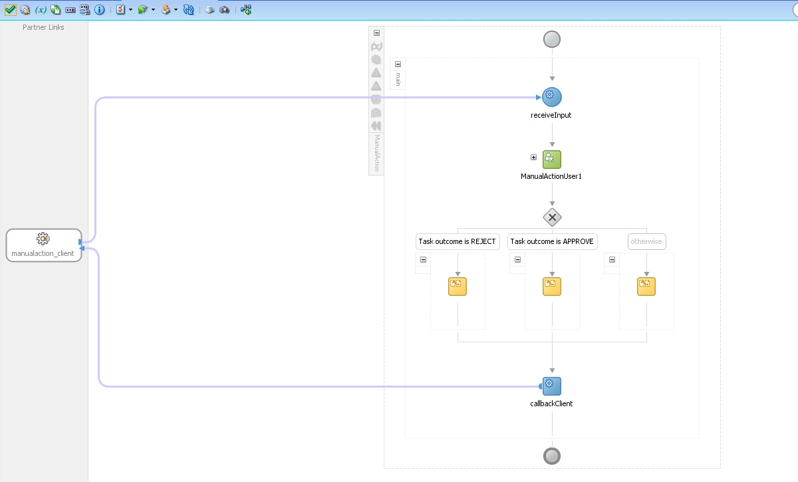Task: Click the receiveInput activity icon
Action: pos(552,97)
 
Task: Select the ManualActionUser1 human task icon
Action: pos(552,160)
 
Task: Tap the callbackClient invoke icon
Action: pos(552,386)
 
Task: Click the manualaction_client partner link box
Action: pos(44,245)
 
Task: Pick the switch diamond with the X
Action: pos(552,217)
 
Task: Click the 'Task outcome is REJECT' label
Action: pos(458,241)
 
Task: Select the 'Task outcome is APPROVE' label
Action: pos(552,241)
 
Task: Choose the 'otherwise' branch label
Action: pos(646,241)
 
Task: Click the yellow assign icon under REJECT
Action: pos(458,287)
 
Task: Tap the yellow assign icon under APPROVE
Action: pos(552,287)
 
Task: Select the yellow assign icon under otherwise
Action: pos(646,287)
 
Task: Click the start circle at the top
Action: pos(552,39)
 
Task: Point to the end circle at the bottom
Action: pos(552,456)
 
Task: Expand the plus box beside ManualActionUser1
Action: pos(533,158)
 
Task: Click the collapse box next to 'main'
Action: pos(398,64)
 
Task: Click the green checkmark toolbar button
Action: pos(10,10)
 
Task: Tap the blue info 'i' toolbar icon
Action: pos(99,10)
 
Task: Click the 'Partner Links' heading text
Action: pos(43,27)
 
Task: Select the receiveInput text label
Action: pos(552,115)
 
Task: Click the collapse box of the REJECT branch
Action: pos(423,260)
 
